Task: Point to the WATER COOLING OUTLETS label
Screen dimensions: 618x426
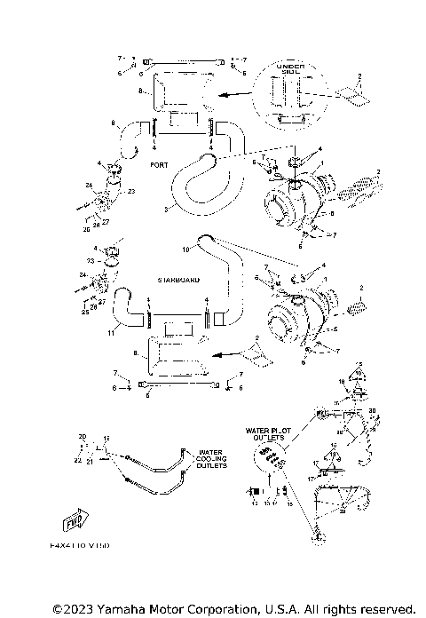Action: coord(212,457)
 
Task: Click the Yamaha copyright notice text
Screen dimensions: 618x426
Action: coord(233,608)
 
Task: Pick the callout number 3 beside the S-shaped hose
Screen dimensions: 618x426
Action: coord(166,210)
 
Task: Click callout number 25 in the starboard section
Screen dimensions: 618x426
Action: coord(86,311)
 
